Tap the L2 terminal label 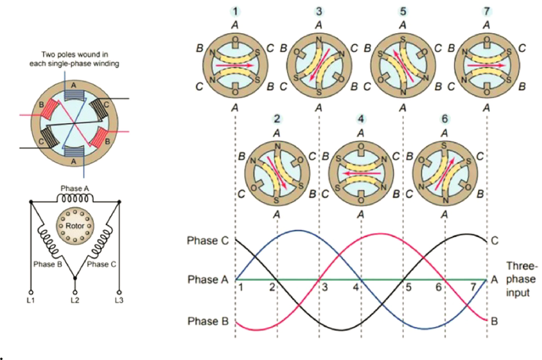click(75, 299)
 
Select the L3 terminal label click(119, 299)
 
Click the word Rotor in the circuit click(75, 226)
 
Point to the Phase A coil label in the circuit click(75, 189)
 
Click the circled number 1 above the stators click(235, 11)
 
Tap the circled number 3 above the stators click(319, 11)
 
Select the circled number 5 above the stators click(402, 11)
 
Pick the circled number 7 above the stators click(487, 11)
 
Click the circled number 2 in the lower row click(277, 119)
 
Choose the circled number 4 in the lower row click(360, 119)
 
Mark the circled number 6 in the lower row click(444, 119)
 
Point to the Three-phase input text click(522, 280)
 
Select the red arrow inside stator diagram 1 click(235, 65)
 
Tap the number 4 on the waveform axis click(357, 287)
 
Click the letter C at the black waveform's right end click(494, 240)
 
